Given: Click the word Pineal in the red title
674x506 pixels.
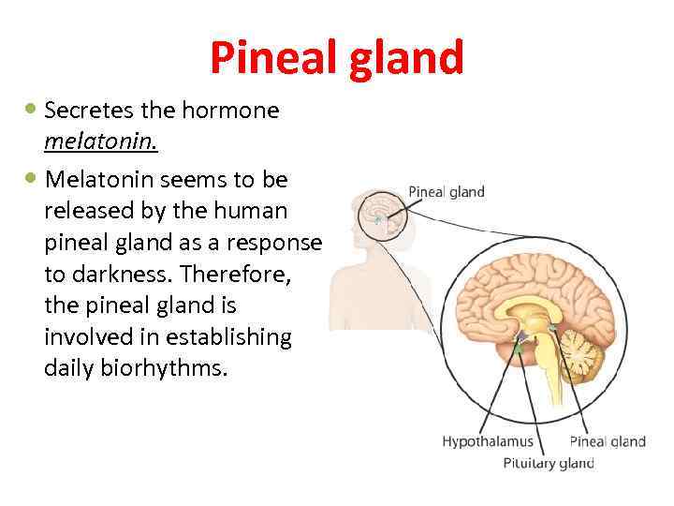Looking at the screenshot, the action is pos(273,58).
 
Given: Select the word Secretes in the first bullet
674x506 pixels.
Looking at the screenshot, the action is pos(87,111).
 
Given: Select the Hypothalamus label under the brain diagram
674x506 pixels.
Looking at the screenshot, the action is pos(487,441).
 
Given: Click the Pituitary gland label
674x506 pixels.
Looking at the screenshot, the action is pos(549,463).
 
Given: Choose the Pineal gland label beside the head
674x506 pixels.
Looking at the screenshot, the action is pos(447,192).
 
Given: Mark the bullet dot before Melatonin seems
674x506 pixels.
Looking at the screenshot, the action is pos(32,177).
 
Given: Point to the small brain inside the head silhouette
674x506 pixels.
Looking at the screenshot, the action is pos(381,212).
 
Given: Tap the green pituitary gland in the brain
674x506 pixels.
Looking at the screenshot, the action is pos(517,349).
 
